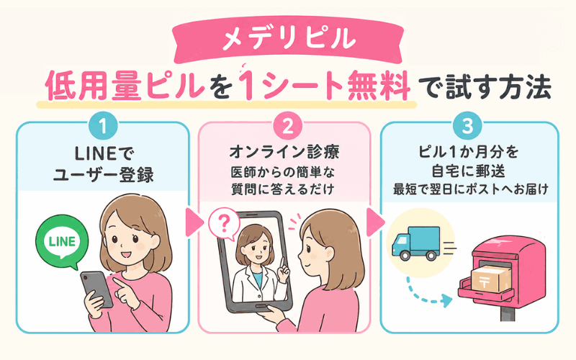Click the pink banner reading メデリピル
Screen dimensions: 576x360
[288, 40]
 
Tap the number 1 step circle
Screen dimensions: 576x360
[103, 127]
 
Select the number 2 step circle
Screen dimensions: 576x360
[288, 127]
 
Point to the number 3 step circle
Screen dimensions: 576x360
[467, 127]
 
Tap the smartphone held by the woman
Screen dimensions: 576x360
[96, 289]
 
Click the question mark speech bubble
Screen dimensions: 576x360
[224, 224]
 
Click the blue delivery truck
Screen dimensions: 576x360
[416, 243]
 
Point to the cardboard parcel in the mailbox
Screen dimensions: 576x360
[491, 279]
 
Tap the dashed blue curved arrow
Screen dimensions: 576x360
[427, 293]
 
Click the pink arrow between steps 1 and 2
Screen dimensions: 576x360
[194, 222]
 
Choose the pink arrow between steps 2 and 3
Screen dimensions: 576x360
[375, 222]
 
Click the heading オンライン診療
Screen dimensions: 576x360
[284, 153]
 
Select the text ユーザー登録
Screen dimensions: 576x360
[104, 175]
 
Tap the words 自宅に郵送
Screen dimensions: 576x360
[468, 171]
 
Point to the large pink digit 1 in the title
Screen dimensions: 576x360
[247, 86]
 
